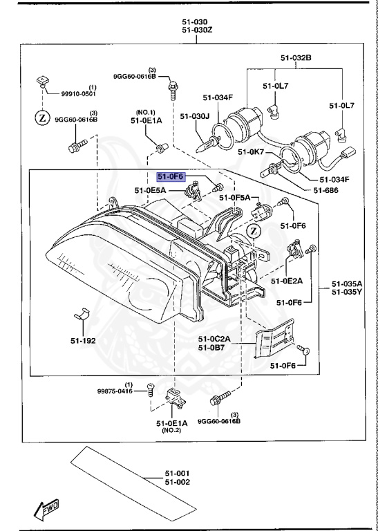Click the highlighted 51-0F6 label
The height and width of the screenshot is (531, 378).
point(172,176)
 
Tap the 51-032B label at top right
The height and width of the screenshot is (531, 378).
point(295,57)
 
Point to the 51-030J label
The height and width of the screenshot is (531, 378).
point(195,115)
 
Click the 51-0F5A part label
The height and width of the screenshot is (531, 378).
point(235,198)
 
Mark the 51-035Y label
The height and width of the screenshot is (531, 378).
point(346,292)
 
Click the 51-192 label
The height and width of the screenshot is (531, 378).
point(83,341)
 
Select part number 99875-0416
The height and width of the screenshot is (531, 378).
point(115,391)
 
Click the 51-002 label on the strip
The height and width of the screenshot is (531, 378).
point(177,481)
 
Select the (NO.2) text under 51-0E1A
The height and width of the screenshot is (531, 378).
point(171,430)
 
